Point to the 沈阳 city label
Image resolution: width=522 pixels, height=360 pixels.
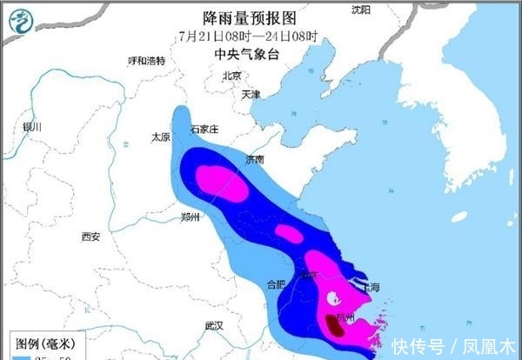tap(361, 10)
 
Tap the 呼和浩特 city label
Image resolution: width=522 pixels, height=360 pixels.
tap(146, 61)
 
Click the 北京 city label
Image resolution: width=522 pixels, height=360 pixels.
tap(232, 76)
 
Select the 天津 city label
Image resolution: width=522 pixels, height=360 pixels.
tap(251, 94)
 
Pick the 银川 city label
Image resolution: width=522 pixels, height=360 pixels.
tap(33, 127)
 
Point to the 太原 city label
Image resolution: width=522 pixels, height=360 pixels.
tap(160, 137)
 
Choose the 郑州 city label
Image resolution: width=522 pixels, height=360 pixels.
tap(191, 217)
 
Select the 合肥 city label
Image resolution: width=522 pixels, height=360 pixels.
tap(276, 283)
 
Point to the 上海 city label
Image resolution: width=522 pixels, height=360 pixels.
tap(368, 287)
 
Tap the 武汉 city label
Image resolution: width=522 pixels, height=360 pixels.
tap(214, 325)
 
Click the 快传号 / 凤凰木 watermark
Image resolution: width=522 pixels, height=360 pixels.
tap(452, 345)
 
